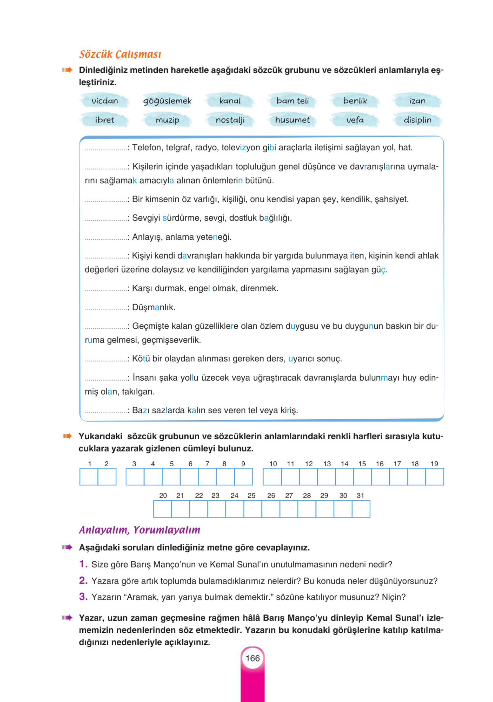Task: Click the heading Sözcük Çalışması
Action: click(120, 54)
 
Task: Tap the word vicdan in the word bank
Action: click(105, 101)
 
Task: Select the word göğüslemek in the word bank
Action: click(167, 101)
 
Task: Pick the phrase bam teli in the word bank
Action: click(292, 101)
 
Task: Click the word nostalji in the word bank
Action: click(230, 120)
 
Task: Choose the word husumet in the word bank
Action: click(292, 120)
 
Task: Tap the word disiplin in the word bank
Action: click(417, 120)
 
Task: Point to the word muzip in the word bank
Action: click(167, 120)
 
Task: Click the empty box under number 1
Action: click(89, 477)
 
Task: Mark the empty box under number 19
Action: click(434, 477)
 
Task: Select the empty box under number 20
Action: click(163, 509)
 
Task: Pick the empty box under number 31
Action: click(361, 509)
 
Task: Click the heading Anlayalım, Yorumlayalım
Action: click(139, 530)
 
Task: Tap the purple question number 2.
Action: click(83, 580)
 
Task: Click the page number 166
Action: click(252, 658)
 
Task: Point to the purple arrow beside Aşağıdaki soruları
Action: click(67, 547)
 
